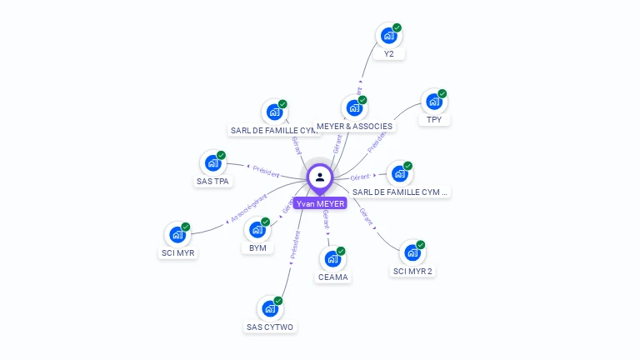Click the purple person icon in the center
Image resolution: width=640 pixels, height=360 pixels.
[x=320, y=177]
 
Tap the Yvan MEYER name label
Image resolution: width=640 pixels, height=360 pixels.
[x=320, y=203]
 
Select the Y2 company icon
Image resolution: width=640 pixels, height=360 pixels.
[x=387, y=36]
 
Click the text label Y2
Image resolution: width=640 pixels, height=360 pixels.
[x=388, y=54]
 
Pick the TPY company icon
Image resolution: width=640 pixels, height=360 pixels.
[x=433, y=102]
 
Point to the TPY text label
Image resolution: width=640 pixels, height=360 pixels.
[x=434, y=120]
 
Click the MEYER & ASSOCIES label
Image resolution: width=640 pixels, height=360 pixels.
[x=354, y=127]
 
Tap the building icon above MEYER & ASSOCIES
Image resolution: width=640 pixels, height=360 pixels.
[x=354, y=108]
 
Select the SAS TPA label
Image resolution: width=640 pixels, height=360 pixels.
[x=213, y=181]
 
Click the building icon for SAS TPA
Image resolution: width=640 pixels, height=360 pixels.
[x=212, y=163]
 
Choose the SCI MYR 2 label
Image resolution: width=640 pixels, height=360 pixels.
[x=412, y=271]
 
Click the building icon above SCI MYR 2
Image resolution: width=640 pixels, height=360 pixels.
[x=412, y=252]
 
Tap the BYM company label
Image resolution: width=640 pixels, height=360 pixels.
[x=257, y=248]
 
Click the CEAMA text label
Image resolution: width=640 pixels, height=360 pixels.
[x=332, y=277]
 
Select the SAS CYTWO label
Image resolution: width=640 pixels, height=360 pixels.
[x=270, y=327]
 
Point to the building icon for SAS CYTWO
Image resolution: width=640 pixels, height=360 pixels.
[x=269, y=308]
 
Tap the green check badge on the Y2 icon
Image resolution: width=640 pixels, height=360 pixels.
[x=397, y=27]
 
